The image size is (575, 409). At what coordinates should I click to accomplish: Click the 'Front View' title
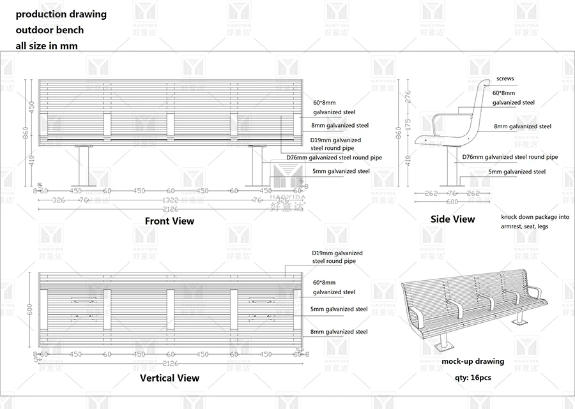point(169,221)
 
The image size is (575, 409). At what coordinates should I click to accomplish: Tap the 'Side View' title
point(452,219)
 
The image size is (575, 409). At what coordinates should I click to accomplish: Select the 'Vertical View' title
point(169,378)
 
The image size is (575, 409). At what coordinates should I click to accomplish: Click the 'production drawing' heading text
point(61,13)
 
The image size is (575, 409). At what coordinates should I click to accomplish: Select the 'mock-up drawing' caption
point(473,361)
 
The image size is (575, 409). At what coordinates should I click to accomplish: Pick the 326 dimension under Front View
point(59,200)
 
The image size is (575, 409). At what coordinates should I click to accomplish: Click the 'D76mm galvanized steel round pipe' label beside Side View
point(510,157)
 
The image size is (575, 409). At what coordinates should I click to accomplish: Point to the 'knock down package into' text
point(535,217)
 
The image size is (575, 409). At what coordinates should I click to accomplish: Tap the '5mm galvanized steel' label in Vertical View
point(339,309)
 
